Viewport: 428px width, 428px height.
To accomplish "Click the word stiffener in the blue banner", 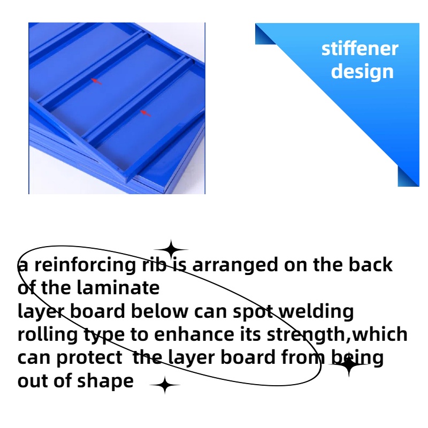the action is (360, 49).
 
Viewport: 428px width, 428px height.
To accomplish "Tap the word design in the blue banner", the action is (362, 72).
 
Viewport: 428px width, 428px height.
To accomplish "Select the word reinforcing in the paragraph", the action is (85, 265).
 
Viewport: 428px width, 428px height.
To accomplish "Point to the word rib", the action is (154, 264).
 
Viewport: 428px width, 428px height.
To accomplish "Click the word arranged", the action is (235, 265).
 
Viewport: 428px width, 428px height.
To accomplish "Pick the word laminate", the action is (118, 288).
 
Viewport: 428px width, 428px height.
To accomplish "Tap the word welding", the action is (316, 312).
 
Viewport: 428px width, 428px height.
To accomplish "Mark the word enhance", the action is (194, 334).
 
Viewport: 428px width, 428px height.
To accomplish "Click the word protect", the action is (89, 358).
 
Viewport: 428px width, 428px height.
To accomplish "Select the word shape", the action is (105, 381).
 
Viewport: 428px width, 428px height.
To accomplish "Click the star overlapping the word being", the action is (349, 364).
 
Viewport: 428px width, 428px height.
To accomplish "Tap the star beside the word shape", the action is (165, 385).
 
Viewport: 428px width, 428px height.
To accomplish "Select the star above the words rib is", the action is (171, 249).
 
